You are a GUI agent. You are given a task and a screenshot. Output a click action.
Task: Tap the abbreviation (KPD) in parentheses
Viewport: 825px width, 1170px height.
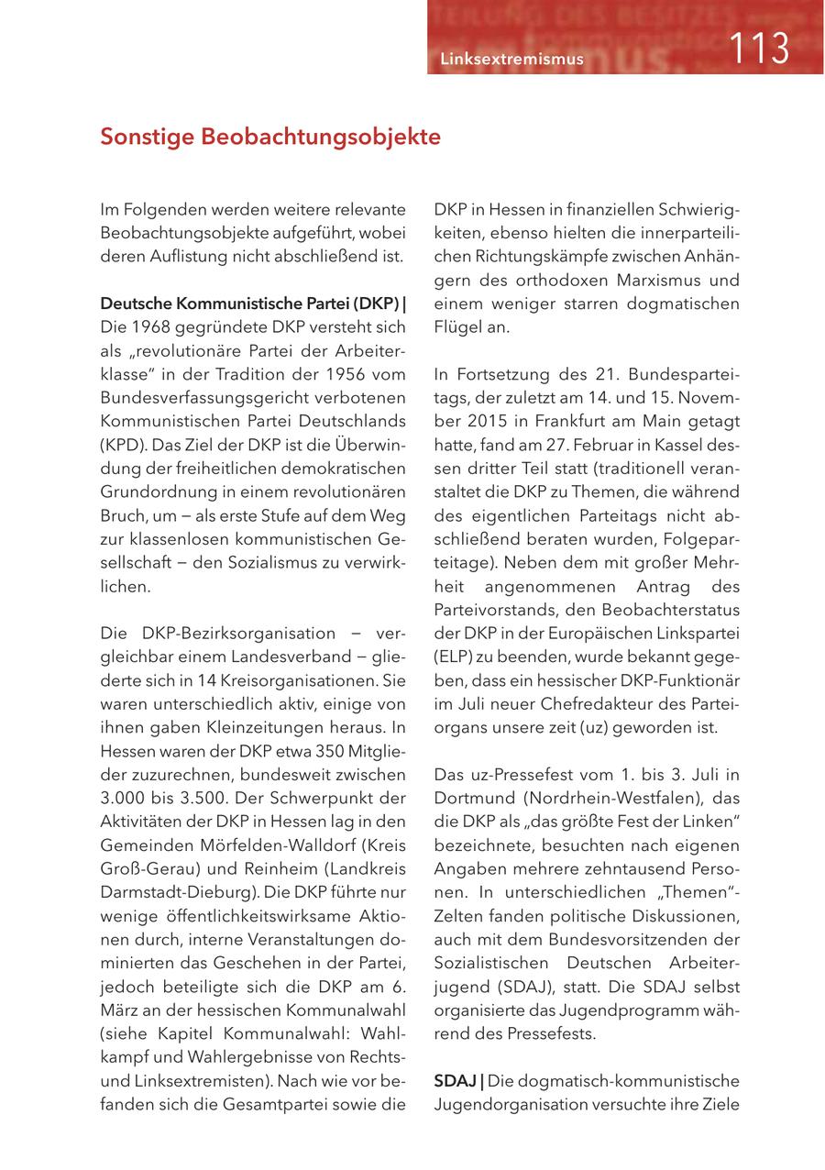click(120, 447)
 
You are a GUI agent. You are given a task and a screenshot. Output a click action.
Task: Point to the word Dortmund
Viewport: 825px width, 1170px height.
click(476, 799)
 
